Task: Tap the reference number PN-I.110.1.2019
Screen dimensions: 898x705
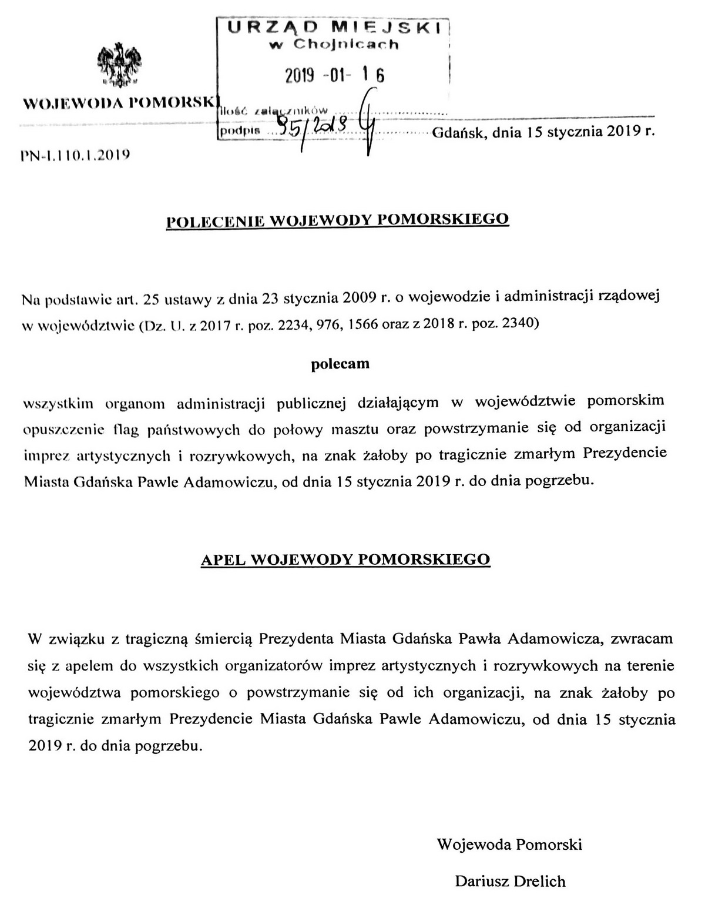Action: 75,155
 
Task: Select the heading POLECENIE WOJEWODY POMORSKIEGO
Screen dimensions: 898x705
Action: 338,220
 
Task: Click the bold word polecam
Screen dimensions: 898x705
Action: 340,364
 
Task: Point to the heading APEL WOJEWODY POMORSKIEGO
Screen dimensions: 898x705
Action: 345,559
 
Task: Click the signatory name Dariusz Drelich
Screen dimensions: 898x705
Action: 510,881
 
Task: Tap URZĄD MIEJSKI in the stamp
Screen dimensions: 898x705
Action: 334,26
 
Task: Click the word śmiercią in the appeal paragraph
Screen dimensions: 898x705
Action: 223,638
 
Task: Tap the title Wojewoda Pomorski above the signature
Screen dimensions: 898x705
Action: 509,845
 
